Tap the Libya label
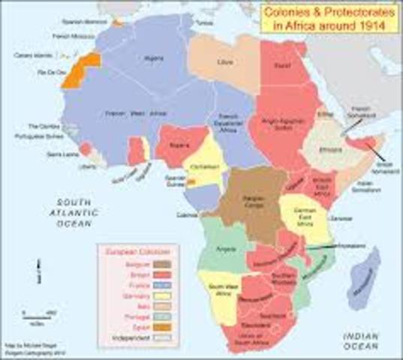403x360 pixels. pos(222,59)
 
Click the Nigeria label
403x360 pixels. pos(178,144)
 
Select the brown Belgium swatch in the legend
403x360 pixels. pos(161,263)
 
